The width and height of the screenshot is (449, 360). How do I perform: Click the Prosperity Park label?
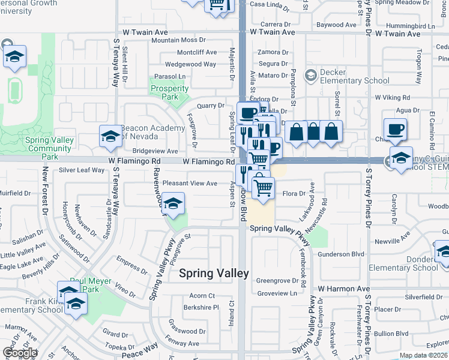170,92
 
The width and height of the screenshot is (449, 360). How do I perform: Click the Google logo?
20,353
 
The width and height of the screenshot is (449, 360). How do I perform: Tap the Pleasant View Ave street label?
190,183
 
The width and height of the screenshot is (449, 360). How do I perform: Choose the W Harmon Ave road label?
344,289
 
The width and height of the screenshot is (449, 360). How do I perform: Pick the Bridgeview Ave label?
155,152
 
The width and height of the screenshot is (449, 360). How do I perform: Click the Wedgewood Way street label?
190,64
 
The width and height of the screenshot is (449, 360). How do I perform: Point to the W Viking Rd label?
395,97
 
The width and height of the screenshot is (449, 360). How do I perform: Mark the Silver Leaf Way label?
82,170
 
